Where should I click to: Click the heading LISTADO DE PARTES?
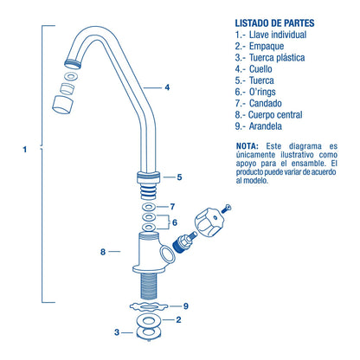tap(274, 23)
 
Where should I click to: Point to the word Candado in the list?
tap(266, 103)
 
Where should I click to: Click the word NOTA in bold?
tap(247, 146)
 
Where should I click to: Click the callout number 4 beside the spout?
tap(167, 87)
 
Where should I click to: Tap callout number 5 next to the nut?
tap(179, 177)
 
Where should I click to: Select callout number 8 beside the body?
tap(103, 252)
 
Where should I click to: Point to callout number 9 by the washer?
tap(186, 306)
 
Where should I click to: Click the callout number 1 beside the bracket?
tap(25, 150)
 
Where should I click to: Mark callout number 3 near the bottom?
tap(117, 332)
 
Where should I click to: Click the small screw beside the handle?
tap(226, 209)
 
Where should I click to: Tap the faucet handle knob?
tap(208, 222)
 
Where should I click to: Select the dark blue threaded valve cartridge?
tap(184, 242)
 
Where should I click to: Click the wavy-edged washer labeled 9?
tap(149, 306)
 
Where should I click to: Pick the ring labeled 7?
tap(149, 207)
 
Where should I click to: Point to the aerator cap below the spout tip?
tap(62, 105)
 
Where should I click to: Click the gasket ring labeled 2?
tap(148, 320)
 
